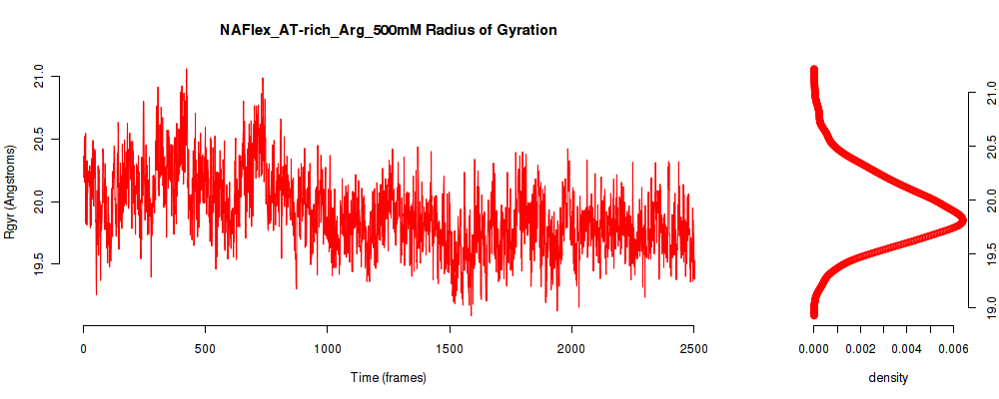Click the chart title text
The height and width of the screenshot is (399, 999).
[388, 30]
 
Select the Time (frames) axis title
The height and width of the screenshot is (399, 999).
[388, 377]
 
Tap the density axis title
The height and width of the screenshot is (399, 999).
[888, 377]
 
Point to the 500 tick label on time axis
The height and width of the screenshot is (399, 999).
[205, 348]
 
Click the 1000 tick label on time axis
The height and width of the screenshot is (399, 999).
[327, 348]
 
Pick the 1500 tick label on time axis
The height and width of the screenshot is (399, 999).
[450, 348]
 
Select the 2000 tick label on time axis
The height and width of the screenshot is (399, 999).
[571, 348]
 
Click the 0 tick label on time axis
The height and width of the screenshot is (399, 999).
[84, 348]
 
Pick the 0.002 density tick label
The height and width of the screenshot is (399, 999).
[860, 348]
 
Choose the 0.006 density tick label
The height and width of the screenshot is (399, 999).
[953, 348]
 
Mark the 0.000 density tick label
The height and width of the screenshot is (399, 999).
[813, 348]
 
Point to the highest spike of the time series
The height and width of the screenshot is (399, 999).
[186, 69]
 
